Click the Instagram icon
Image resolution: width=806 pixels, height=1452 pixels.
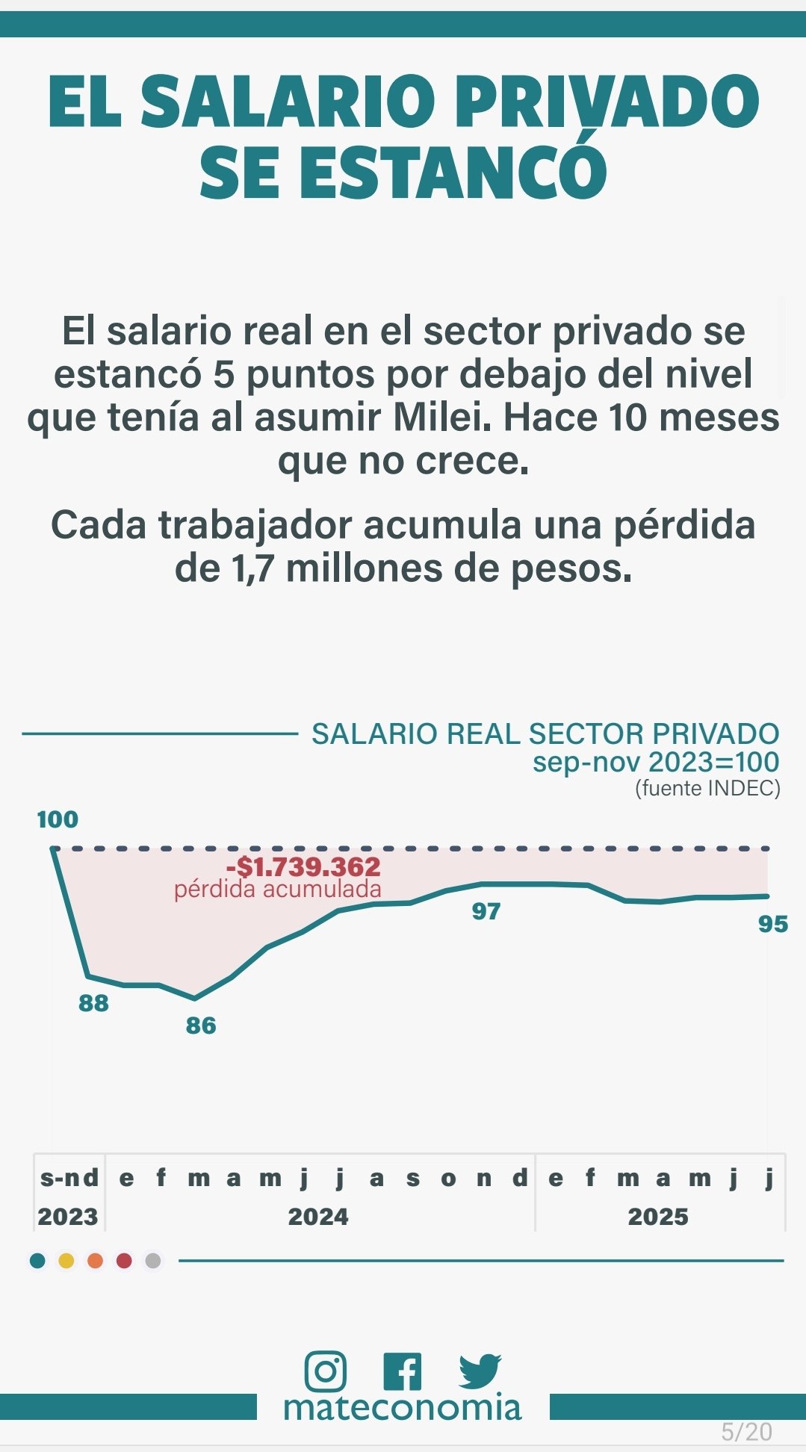pyautogui.click(x=325, y=1371)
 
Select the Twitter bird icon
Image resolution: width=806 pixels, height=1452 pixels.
pyautogui.click(x=480, y=1371)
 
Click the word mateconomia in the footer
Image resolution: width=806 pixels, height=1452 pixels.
pyautogui.click(x=402, y=1408)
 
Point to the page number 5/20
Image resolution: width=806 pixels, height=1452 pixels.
pyautogui.click(x=746, y=1432)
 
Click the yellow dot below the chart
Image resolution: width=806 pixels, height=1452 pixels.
pyautogui.click(x=66, y=1261)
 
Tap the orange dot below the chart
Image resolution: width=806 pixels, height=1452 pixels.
pyautogui.click(x=95, y=1261)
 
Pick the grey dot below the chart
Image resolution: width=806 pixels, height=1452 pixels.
pyautogui.click(x=153, y=1261)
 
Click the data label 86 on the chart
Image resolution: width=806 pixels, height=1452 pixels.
pyautogui.click(x=201, y=1026)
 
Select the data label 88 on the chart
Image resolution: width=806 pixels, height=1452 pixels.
pyautogui.click(x=93, y=1003)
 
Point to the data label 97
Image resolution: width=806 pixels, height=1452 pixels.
pyautogui.click(x=486, y=911)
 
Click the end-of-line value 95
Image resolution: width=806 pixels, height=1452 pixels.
pyautogui.click(x=773, y=925)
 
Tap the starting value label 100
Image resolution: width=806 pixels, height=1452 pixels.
pyautogui.click(x=58, y=819)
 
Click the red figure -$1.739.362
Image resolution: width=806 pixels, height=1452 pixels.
pyautogui.click(x=303, y=867)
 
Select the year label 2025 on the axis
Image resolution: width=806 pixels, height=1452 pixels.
pyautogui.click(x=658, y=1217)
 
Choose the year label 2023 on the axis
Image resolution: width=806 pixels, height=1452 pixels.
pyautogui.click(x=68, y=1217)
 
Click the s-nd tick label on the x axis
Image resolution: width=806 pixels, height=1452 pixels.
pyautogui.click(x=69, y=1178)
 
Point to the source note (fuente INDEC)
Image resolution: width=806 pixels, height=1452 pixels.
pyautogui.click(x=707, y=788)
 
